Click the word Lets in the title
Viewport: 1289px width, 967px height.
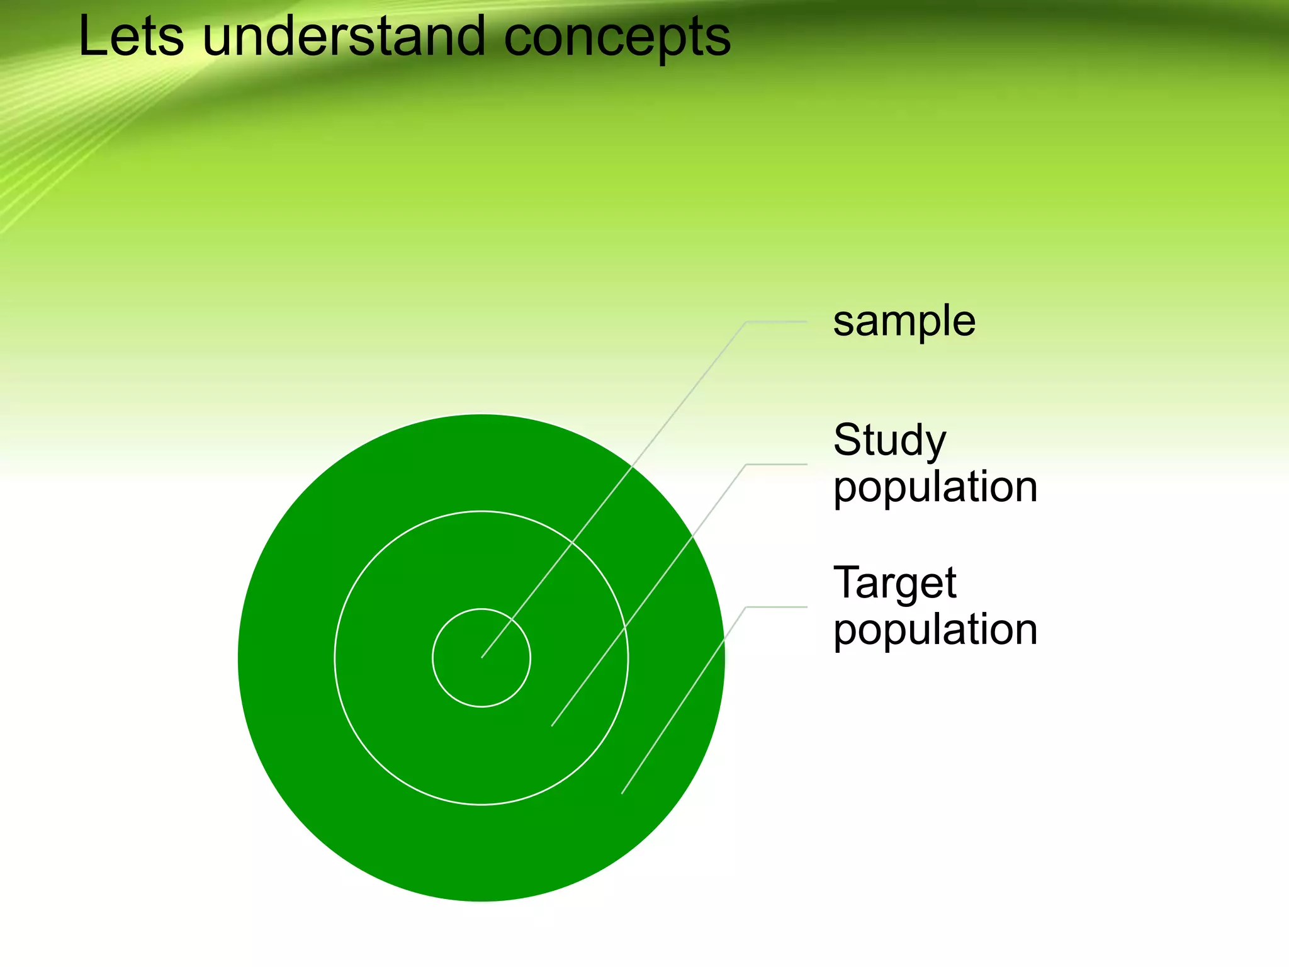pyautogui.click(x=131, y=37)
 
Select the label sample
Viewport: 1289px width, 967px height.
pyautogui.click(x=904, y=322)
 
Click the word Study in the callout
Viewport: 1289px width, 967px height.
pyautogui.click(x=889, y=441)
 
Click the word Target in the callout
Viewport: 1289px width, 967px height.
pyautogui.click(x=894, y=583)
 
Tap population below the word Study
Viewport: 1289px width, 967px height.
pyautogui.click(x=935, y=487)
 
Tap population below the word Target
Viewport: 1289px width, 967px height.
pyautogui.click(x=935, y=630)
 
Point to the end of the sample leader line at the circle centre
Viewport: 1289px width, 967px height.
pyautogui.click(x=482, y=657)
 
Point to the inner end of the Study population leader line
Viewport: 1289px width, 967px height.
pyautogui.click(x=552, y=726)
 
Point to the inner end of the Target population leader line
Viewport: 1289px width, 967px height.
pyautogui.click(x=622, y=793)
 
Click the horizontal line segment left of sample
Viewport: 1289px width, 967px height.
pyautogui.click(x=776, y=322)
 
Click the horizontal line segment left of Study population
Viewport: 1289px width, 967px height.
pyautogui.click(x=776, y=465)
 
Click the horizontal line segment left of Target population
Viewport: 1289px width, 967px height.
pyautogui.click(x=776, y=607)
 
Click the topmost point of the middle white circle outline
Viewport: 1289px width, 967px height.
pyautogui.click(x=481, y=511)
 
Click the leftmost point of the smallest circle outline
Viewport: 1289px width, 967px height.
pyautogui.click(x=432, y=658)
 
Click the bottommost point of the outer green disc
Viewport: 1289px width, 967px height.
pyautogui.click(x=481, y=901)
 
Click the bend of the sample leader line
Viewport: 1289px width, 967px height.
pyautogui.click(x=746, y=322)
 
